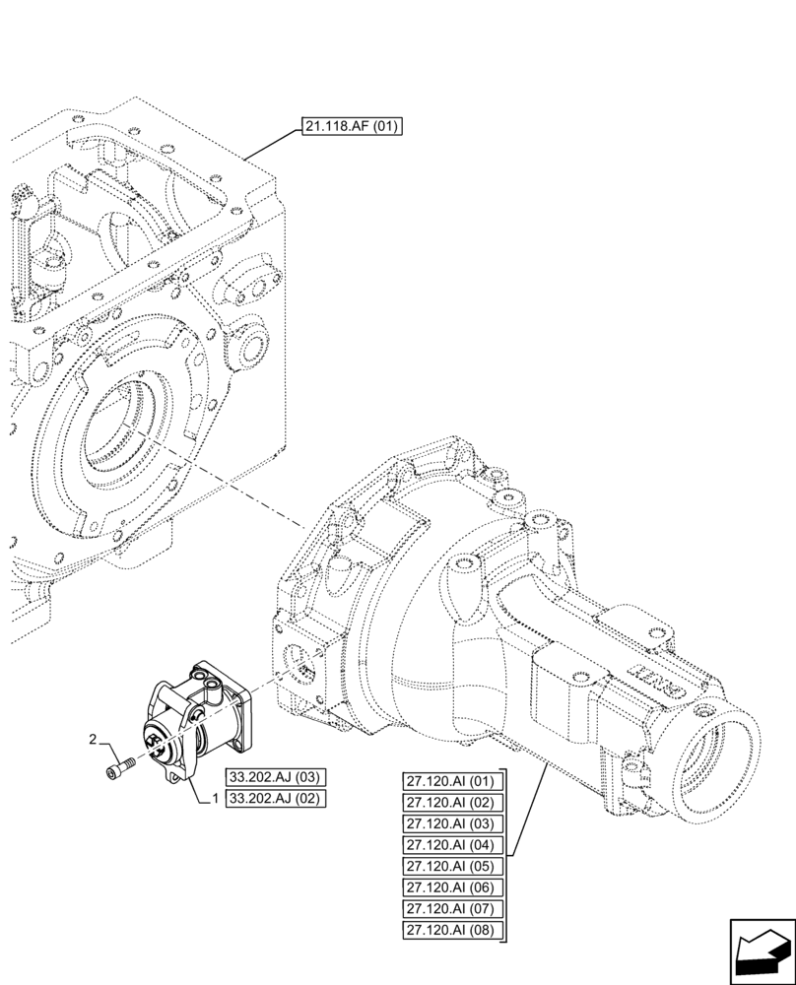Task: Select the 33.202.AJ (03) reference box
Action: [x=277, y=776]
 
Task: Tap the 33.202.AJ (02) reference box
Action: [x=277, y=798]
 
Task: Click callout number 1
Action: [x=214, y=799]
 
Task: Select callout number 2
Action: [x=93, y=739]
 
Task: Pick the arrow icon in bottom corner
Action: [x=762, y=952]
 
